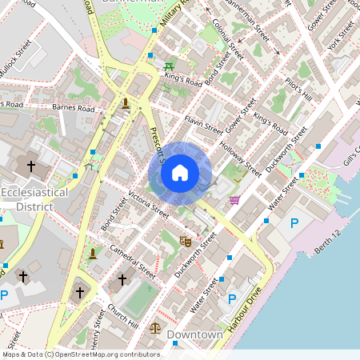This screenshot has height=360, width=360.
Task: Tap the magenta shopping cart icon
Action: [235, 199]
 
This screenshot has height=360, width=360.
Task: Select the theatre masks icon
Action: [186, 240]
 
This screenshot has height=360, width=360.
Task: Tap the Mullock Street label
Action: [16, 58]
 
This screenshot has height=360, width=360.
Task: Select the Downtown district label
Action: [196, 334]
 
